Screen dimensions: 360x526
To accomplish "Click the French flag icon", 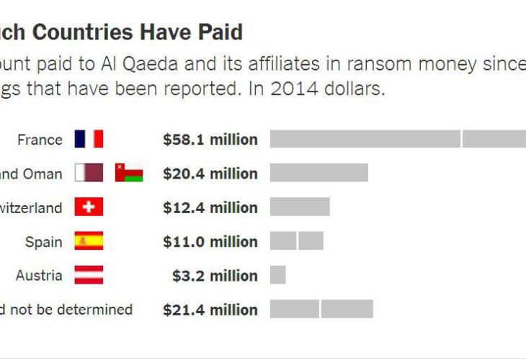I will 89,139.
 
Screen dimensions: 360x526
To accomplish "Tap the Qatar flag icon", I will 89,174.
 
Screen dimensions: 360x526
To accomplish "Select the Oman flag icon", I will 129,174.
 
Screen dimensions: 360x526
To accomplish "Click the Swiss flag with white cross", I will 89,207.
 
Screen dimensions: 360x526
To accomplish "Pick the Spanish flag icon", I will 89,241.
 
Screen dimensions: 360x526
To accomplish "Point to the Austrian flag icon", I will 89,275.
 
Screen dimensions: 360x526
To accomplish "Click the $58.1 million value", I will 210,140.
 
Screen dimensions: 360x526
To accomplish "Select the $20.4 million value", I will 210,174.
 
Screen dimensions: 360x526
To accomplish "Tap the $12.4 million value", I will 210,208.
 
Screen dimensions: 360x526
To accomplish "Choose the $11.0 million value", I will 210,242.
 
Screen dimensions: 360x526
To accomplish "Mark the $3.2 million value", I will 215,276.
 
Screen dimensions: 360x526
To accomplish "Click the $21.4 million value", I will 210,310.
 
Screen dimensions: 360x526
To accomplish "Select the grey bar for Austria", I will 278,275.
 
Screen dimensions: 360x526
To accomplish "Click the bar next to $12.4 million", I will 300,207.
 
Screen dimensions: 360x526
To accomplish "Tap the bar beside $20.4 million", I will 318,173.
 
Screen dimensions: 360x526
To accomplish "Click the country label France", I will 40,140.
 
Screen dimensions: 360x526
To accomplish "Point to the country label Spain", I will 44,242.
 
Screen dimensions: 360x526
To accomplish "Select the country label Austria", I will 40,276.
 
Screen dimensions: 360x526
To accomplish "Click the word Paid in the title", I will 218,32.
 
